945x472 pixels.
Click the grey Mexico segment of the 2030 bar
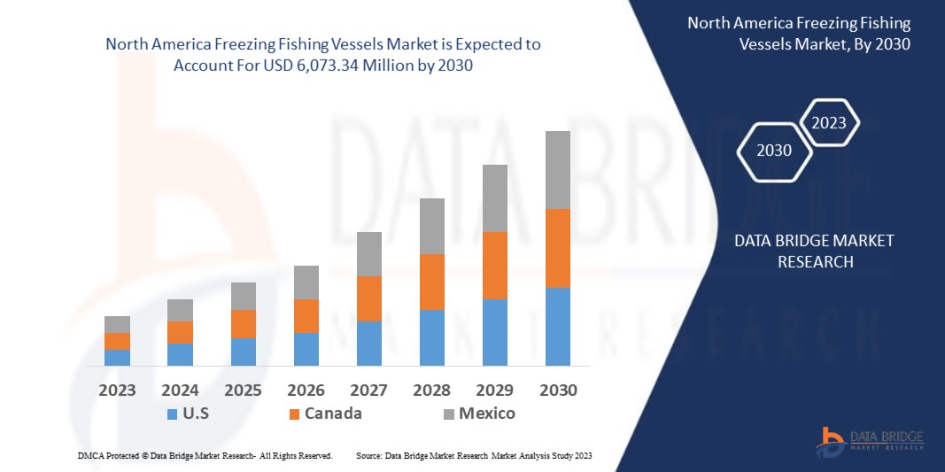[x=558, y=170]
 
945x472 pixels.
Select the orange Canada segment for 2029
[x=495, y=266]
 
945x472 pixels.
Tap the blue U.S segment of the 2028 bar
[x=432, y=337]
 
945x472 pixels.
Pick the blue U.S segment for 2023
[x=118, y=357]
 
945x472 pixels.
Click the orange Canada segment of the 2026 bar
[x=306, y=316]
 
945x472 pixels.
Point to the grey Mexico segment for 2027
[x=369, y=254]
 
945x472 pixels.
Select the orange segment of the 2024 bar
[x=181, y=332]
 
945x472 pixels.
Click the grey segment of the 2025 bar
[x=244, y=296]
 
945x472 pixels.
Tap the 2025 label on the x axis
[x=244, y=391]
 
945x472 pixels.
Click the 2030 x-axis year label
[x=558, y=391]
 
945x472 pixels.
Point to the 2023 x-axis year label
[x=118, y=391]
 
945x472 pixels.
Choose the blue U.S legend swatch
[x=172, y=414]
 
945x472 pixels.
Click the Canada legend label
[x=333, y=414]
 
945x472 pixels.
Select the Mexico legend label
[x=486, y=414]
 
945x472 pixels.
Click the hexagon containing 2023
[x=829, y=123]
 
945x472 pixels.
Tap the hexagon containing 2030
[x=774, y=151]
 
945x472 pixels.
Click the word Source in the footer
[x=368, y=455]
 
